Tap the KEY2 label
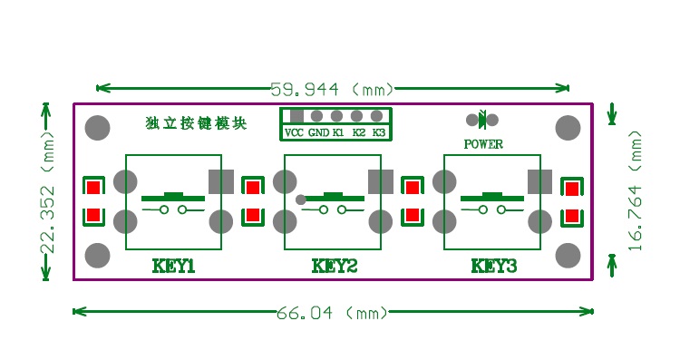pos(334,266)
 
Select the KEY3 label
pos(493,266)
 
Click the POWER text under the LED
pos(483,143)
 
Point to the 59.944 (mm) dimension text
pos(332,89)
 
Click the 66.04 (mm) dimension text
pos(332,313)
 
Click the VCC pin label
pos(294,132)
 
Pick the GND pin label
pos(318,132)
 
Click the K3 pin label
pos(379,132)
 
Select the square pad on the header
pos(296,115)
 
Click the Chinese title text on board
pos(195,123)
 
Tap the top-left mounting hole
pos(98,128)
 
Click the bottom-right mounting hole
pos(568,255)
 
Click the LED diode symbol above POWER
pos(484,119)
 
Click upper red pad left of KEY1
pos(92,188)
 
